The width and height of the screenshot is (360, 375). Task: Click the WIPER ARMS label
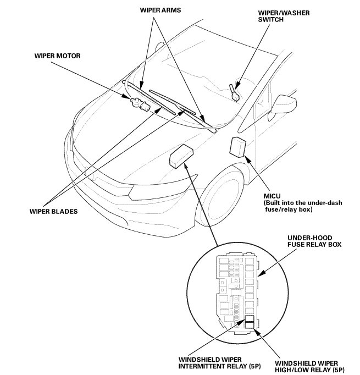[x=160, y=9]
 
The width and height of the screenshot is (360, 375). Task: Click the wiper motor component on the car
[x=138, y=102]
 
